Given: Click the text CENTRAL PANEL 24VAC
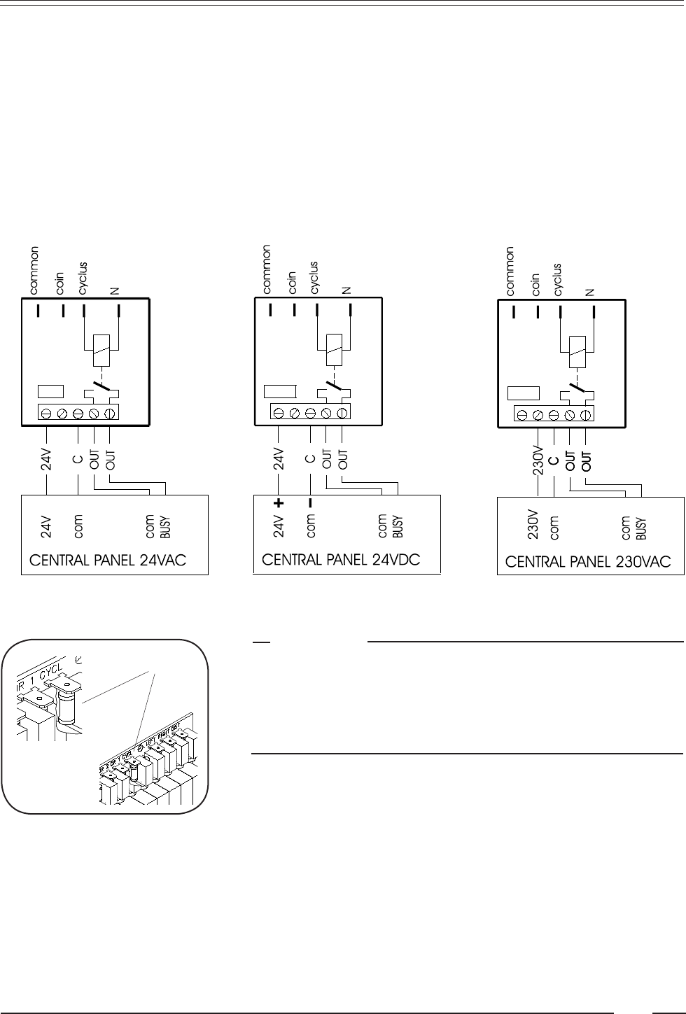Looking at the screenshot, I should tap(107, 561).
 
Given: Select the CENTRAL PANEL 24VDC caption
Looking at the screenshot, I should tap(341, 561).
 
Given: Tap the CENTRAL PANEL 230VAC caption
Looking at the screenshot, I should tap(588, 561).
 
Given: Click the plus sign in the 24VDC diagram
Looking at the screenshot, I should tap(279, 502).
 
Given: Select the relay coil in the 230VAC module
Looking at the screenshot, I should tap(576, 352).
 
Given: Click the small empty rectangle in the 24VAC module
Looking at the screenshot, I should tap(50, 391).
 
